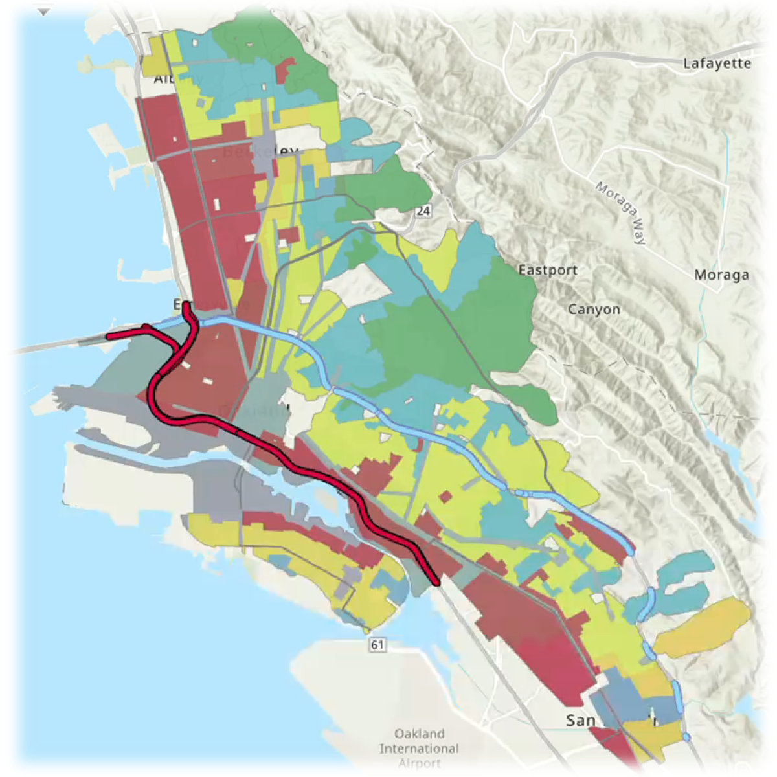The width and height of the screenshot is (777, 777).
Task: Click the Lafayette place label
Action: (717, 63)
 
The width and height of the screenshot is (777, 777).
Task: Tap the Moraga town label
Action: (721, 275)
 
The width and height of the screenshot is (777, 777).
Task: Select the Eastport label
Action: (548, 270)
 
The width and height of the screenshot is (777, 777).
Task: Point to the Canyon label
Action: (594, 310)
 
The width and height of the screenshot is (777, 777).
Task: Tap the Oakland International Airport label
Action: (419, 749)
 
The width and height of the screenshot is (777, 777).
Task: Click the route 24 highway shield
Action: (423, 211)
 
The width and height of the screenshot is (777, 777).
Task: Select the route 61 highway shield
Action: (377, 644)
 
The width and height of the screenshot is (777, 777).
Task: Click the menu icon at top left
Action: (43, 8)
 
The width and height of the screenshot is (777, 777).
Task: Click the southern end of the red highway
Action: (436, 581)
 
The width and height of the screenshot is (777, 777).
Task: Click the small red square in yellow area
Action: (445, 497)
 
